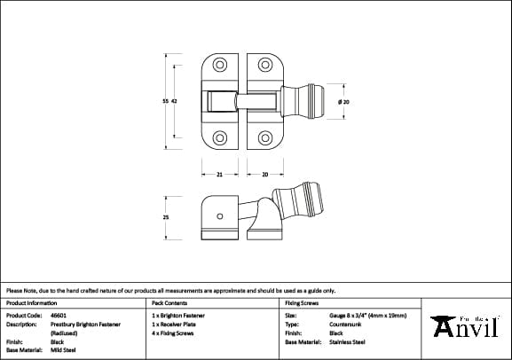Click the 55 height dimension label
pyautogui.click(x=164, y=103)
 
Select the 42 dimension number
pyautogui.click(x=175, y=103)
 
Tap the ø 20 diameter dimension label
pyautogui.click(x=344, y=103)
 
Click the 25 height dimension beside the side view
pyautogui.click(x=166, y=217)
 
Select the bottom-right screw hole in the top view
pyautogui.click(x=264, y=138)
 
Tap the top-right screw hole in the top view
pyautogui.click(x=264, y=66)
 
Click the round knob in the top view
pyautogui.click(x=315, y=102)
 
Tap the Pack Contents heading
pyautogui.click(x=172, y=302)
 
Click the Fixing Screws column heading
pyautogui.click(x=301, y=302)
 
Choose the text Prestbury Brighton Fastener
pyautogui.click(x=87, y=324)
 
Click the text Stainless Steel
pyautogui.click(x=347, y=341)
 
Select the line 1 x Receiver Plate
pyautogui.click(x=178, y=324)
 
